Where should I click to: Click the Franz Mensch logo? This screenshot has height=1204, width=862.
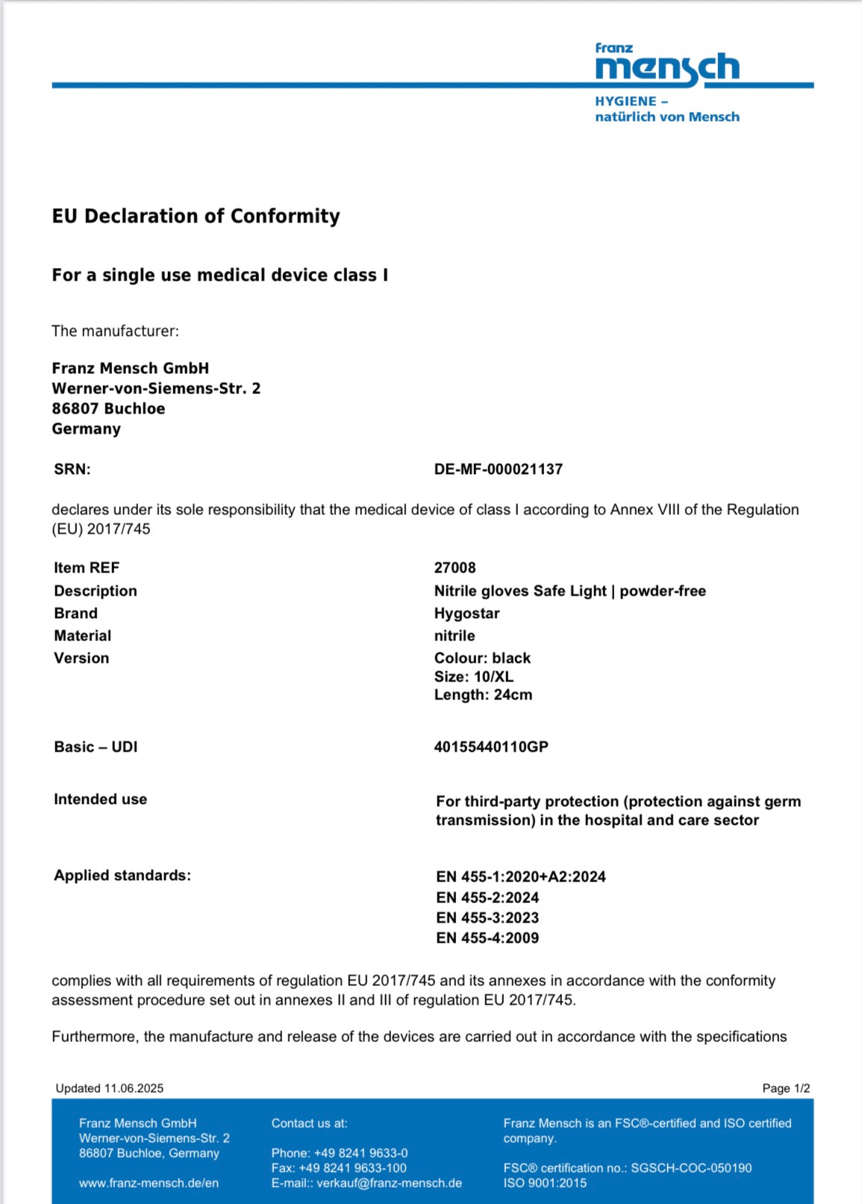666,67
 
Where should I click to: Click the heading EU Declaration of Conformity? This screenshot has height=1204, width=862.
196,216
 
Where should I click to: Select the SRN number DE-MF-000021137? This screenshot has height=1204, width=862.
498,470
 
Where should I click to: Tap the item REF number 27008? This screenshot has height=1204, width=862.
455,568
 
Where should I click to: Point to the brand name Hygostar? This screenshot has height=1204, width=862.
466,614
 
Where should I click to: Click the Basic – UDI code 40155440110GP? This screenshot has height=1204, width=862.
491,747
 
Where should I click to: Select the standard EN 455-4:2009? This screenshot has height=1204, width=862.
487,938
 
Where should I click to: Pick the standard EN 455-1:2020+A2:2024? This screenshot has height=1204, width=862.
521,877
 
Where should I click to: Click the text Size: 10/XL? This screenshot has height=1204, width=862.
474,677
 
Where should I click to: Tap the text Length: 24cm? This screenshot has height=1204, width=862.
483,695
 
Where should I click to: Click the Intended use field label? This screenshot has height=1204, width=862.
100,799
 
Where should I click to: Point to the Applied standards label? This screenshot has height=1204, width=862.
122,876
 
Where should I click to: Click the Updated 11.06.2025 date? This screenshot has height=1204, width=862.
109,1088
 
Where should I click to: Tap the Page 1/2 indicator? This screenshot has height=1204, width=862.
786,1088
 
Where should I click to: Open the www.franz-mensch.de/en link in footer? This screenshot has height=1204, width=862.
149,1183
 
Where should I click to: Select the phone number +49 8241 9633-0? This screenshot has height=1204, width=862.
360,1153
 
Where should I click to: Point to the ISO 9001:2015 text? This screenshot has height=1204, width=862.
545,1183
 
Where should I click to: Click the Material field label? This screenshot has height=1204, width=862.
82,636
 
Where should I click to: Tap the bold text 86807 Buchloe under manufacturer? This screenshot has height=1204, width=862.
108,409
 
